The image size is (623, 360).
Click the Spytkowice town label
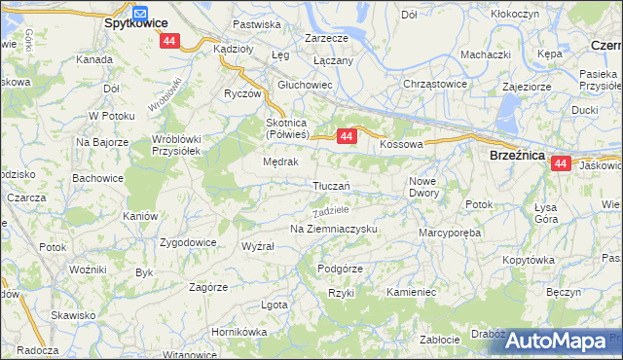pyautogui.click(x=134, y=21)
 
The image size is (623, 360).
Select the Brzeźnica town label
pyautogui.click(x=517, y=154)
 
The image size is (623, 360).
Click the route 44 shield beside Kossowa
pyautogui.click(x=347, y=138)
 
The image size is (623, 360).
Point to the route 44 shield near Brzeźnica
pyautogui.click(x=561, y=165)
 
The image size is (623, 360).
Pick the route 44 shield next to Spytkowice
pyautogui.click(x=170, y=41)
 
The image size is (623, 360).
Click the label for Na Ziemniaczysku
pyautogui.click(x=333, y=229)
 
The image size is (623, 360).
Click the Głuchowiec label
pyautogui.click(x=306, y=85)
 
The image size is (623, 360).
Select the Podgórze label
pyautogui.click(x=340, y=269)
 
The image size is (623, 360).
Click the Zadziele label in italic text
pyautogui.click(x=329, y=210)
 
